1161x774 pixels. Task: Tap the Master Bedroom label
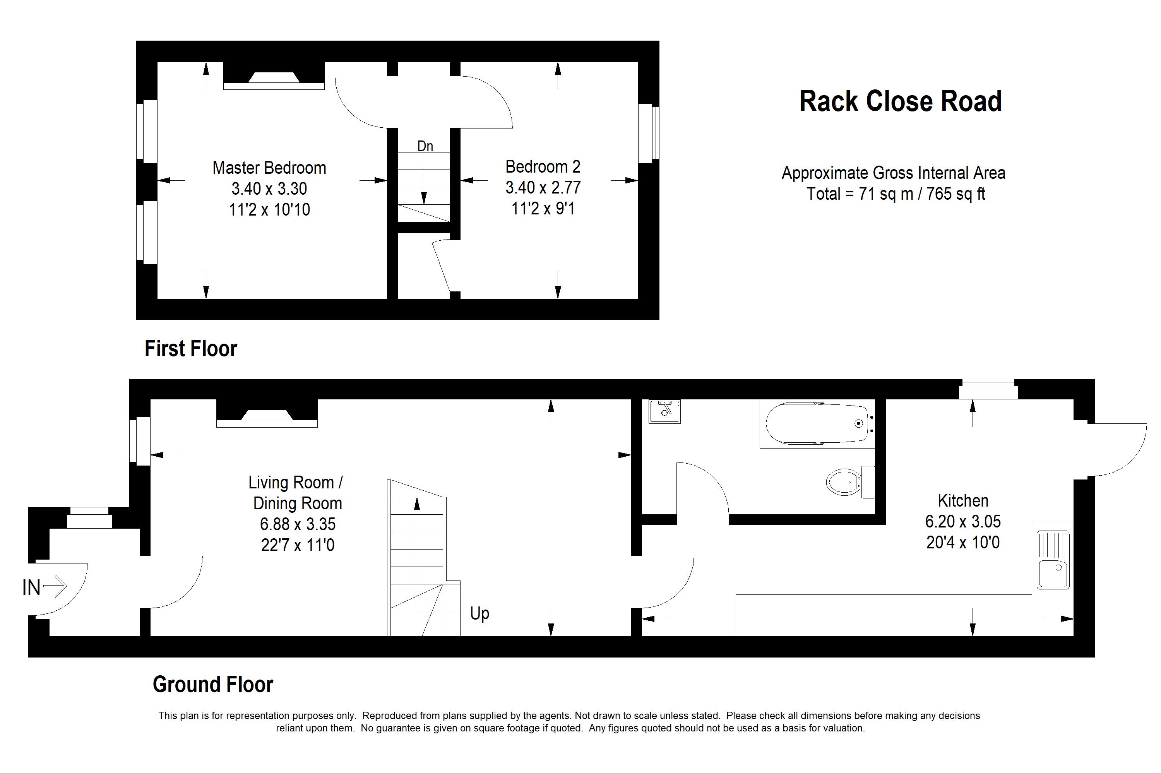(x=269, y=168)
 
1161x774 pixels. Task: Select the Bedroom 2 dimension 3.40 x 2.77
(x=543, y=188)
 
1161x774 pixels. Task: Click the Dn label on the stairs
(x=425, y=146)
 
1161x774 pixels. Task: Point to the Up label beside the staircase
(x=479, y=613)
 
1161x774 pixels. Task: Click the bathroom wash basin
(x=664, y=411)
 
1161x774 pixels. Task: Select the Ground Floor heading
(x=213, y=684)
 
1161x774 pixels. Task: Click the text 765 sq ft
(x=956, y=193)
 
